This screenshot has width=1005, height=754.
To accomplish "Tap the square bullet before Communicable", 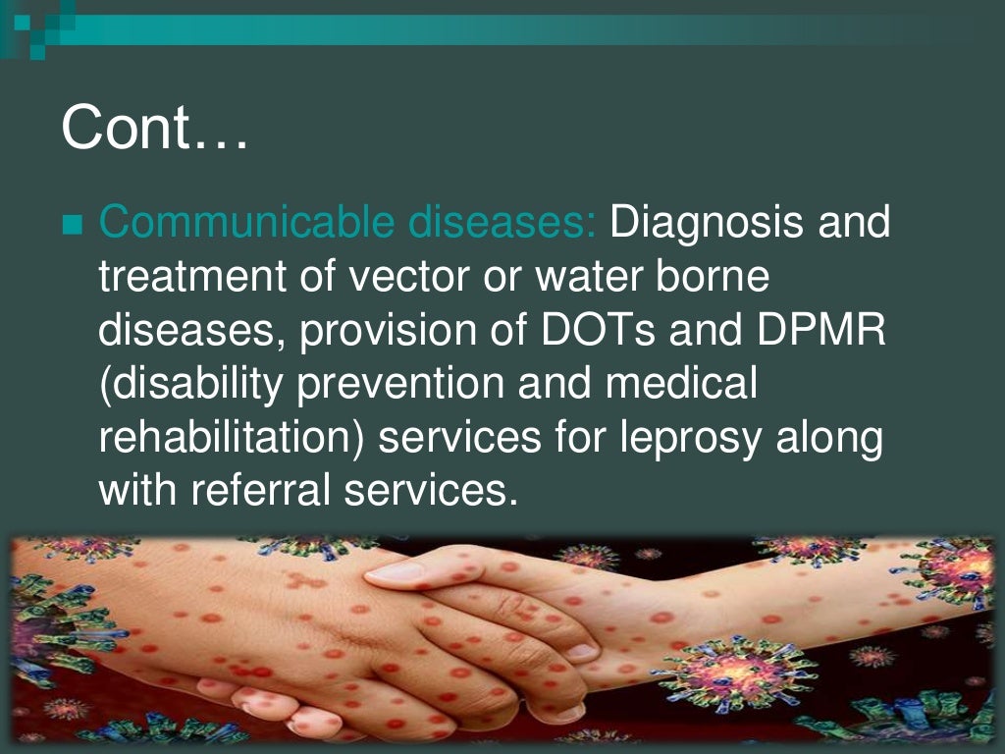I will (x=72, y=227).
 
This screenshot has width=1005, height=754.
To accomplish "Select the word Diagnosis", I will (x=707, y=224).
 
